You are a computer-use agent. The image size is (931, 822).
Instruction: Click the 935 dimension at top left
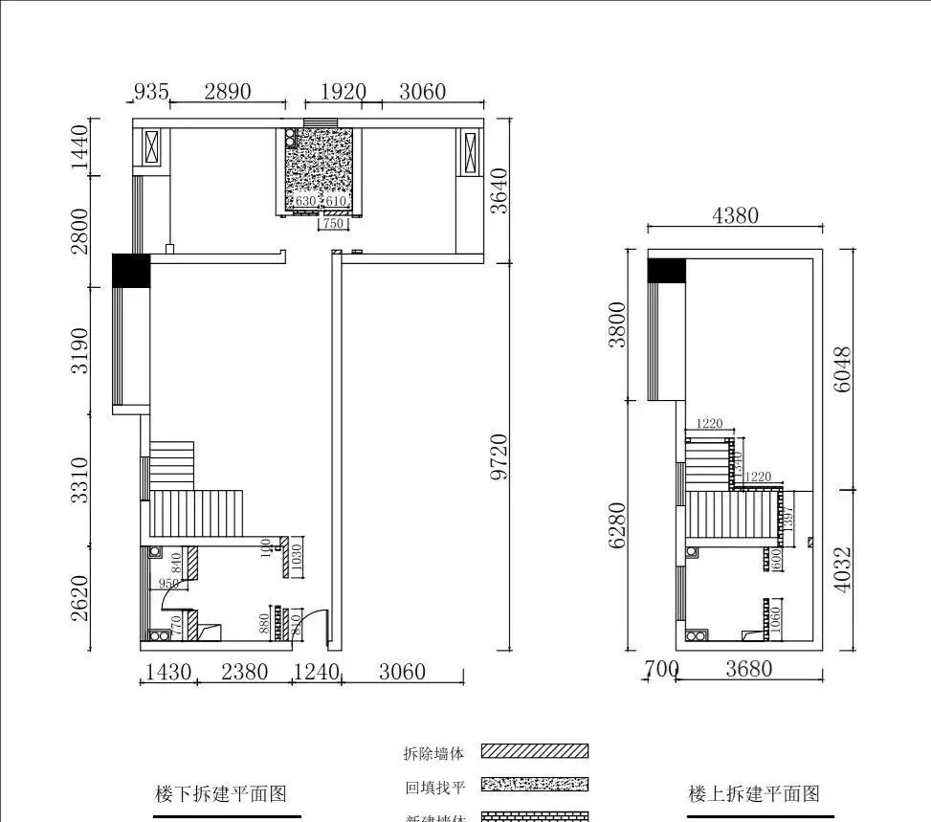pyautogui.click(x=151, y=92)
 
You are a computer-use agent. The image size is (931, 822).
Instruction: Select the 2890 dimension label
pyautogui.click(x=228, y=92)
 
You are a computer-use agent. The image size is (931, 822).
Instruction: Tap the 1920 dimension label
pyautogui.click(x=343, y=92)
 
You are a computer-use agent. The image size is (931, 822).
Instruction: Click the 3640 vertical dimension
pyautogui.click(x=499, y=191)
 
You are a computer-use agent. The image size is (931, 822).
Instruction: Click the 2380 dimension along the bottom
pyautogui.click(x=244, y=672)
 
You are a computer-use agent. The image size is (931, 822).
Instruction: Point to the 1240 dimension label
pyautogui.click(x=316, y=672)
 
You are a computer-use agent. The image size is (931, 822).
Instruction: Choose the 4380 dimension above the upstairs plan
pyautogui.click(x=735, y=215)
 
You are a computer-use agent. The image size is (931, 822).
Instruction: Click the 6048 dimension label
pyautogui.click(x=842, y=369)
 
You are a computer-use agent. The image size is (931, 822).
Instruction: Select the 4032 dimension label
pyautogui.click(x=842, y=570)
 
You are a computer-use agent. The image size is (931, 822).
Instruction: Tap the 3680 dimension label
pyautogui.click(x=748, y=669)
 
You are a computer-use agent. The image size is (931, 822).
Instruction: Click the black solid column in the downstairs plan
pyautogui.click(x=131, y=270)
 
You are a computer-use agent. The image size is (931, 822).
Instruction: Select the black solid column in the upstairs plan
pyautogui.click(x=667, y=271)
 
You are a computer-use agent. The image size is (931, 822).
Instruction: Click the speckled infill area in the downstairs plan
pyautogui.click(x=321, y=167)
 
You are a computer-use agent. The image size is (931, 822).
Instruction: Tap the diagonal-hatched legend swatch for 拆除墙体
pyautogui.click(x=534, y=751)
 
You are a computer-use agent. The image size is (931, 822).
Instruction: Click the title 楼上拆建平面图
pyautogui.click(x=754, y=793)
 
